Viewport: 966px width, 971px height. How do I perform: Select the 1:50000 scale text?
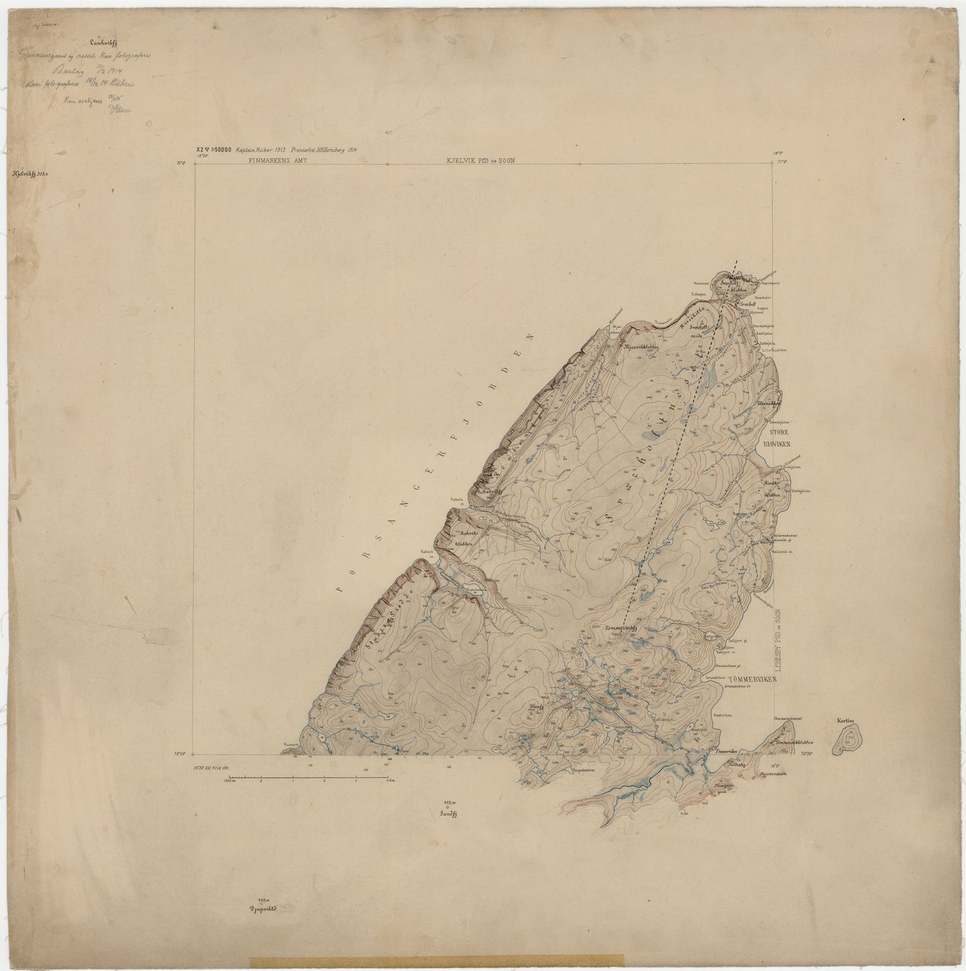click(x=219, y=151)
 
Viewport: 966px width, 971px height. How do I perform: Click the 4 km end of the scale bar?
click(x=388, y=780)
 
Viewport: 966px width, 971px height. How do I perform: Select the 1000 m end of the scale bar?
click(x=229, y=780)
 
